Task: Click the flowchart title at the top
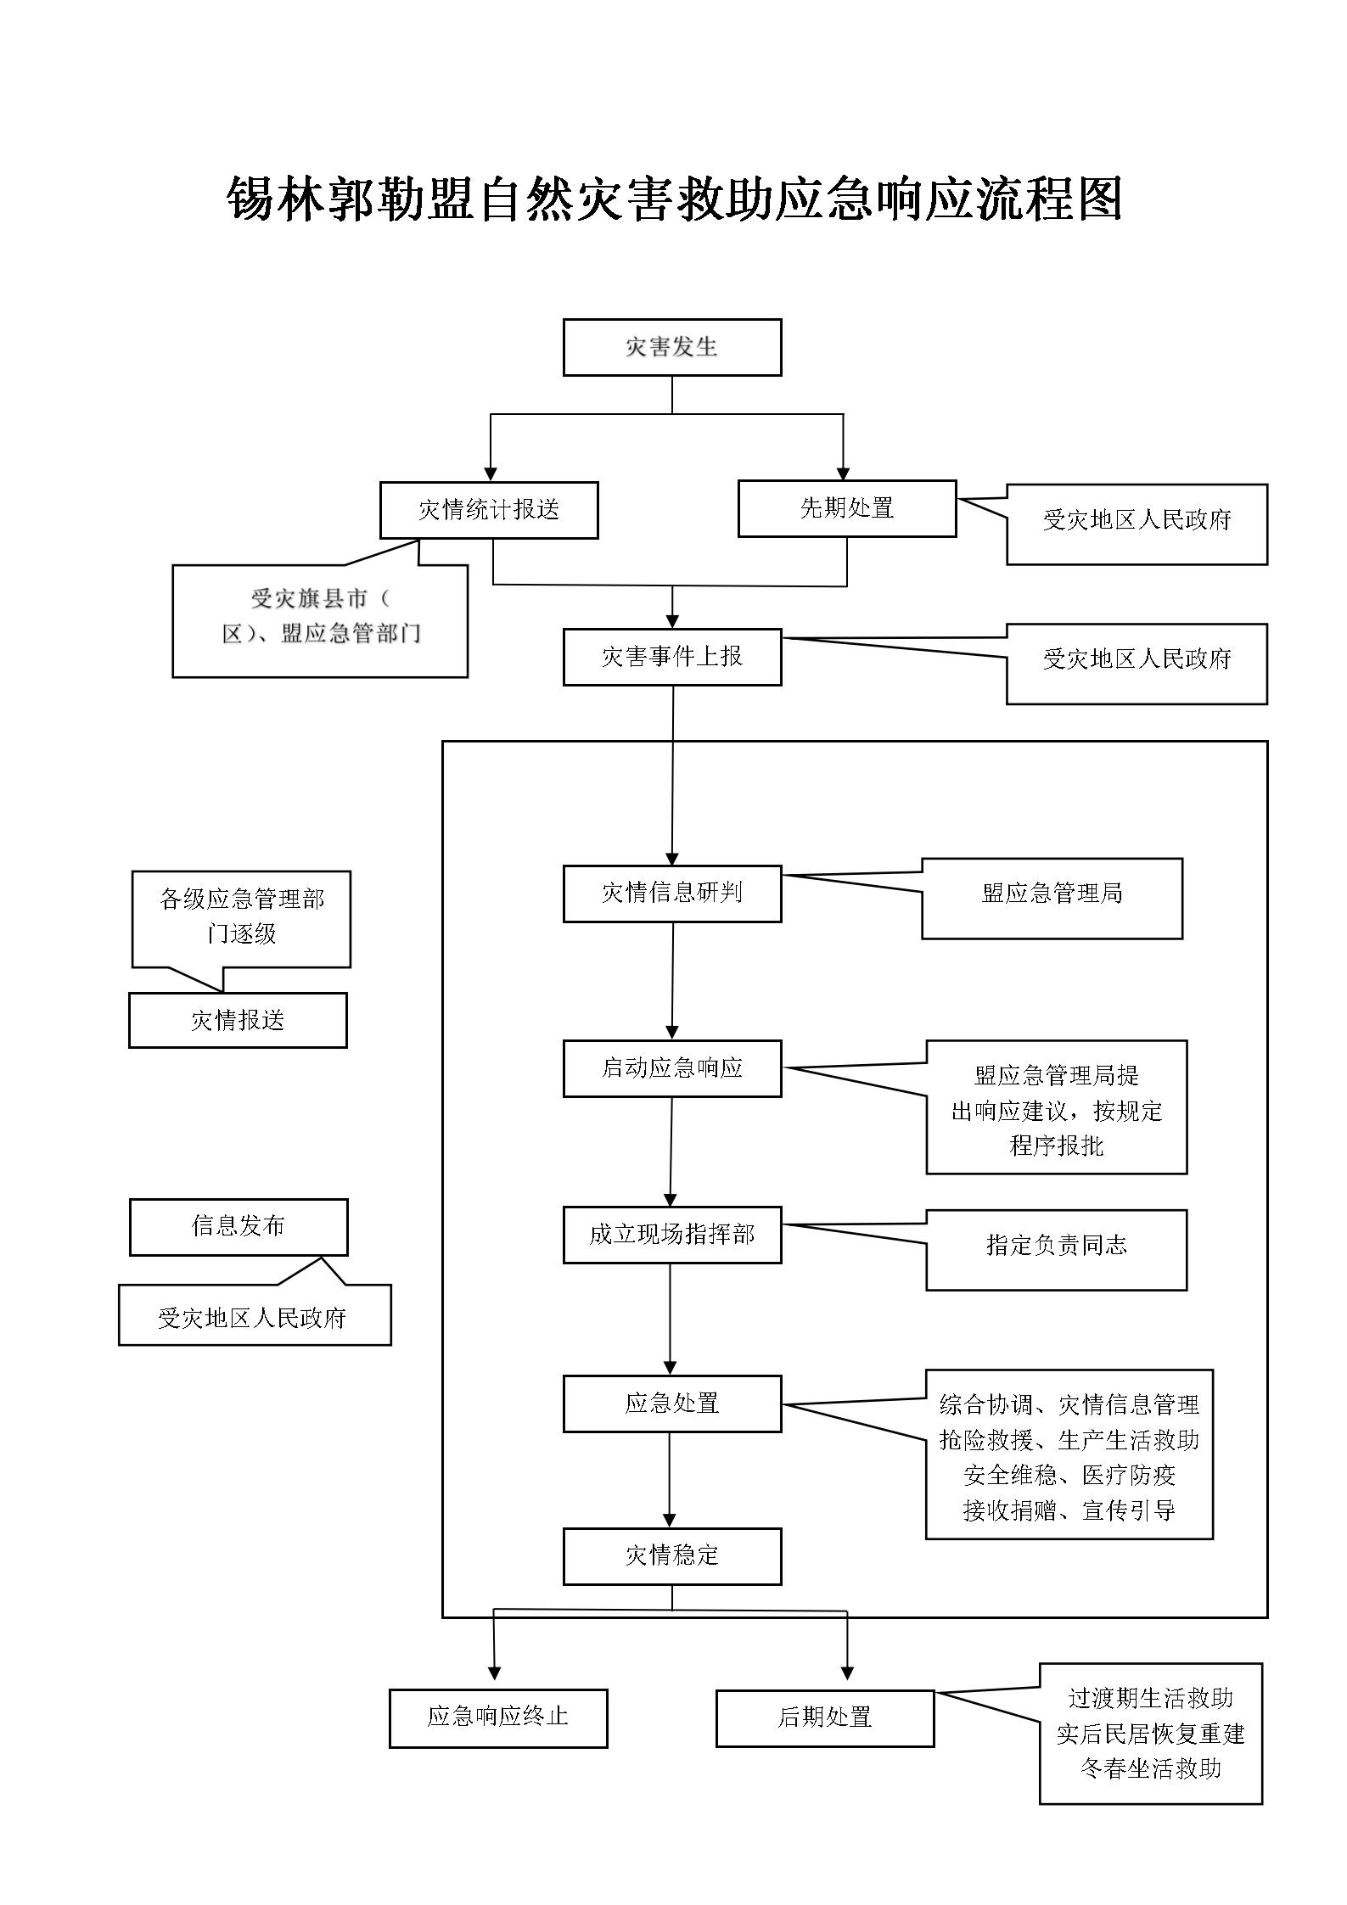point(675,199)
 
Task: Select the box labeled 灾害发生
point(671,347)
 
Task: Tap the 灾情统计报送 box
point(488,510)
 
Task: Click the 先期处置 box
point(846,508)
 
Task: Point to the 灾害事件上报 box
point(671,657)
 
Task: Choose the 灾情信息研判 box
point(671,894)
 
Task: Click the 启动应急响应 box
point(671,1068)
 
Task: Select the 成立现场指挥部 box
point(671,1235)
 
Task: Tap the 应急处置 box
point(671,1404)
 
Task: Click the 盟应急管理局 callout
point(1052,898)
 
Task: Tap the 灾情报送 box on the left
point(238,1020)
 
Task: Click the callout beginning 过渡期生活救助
point(1150,1734)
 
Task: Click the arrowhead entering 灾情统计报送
point(490,474)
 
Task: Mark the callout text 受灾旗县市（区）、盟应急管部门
point(320,617)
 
